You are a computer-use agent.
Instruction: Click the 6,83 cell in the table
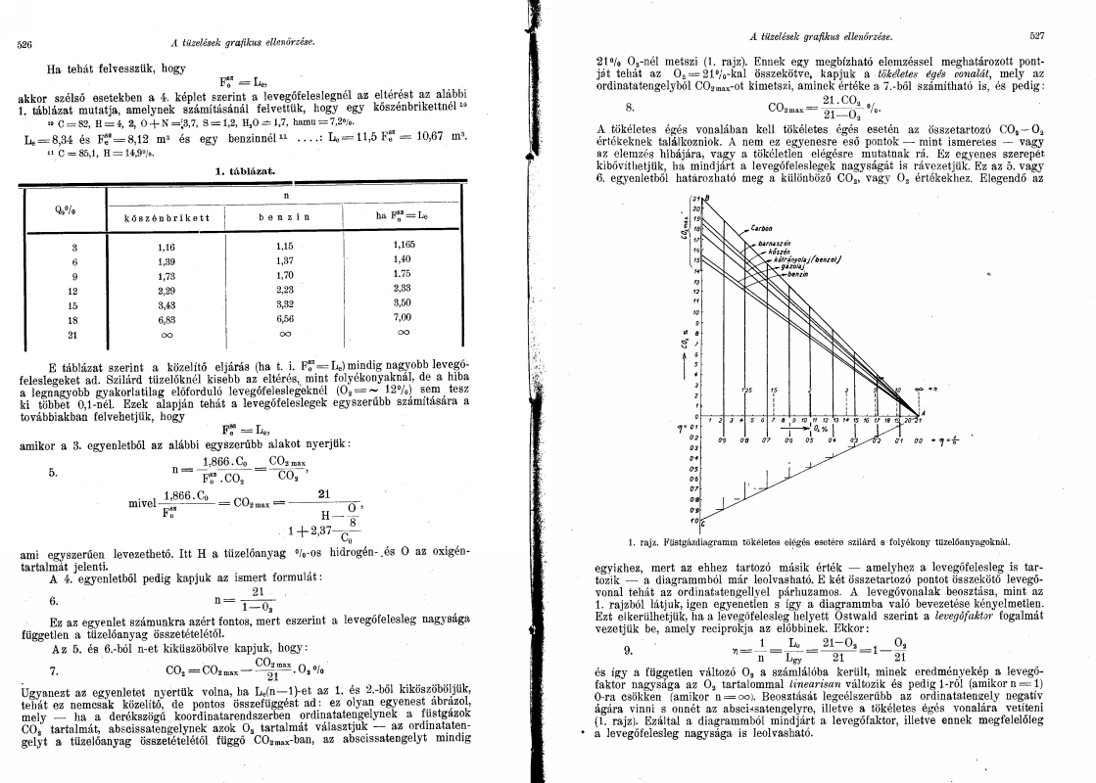[x=166, y=318]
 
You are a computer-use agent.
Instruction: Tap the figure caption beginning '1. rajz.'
[x=818, y=540]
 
